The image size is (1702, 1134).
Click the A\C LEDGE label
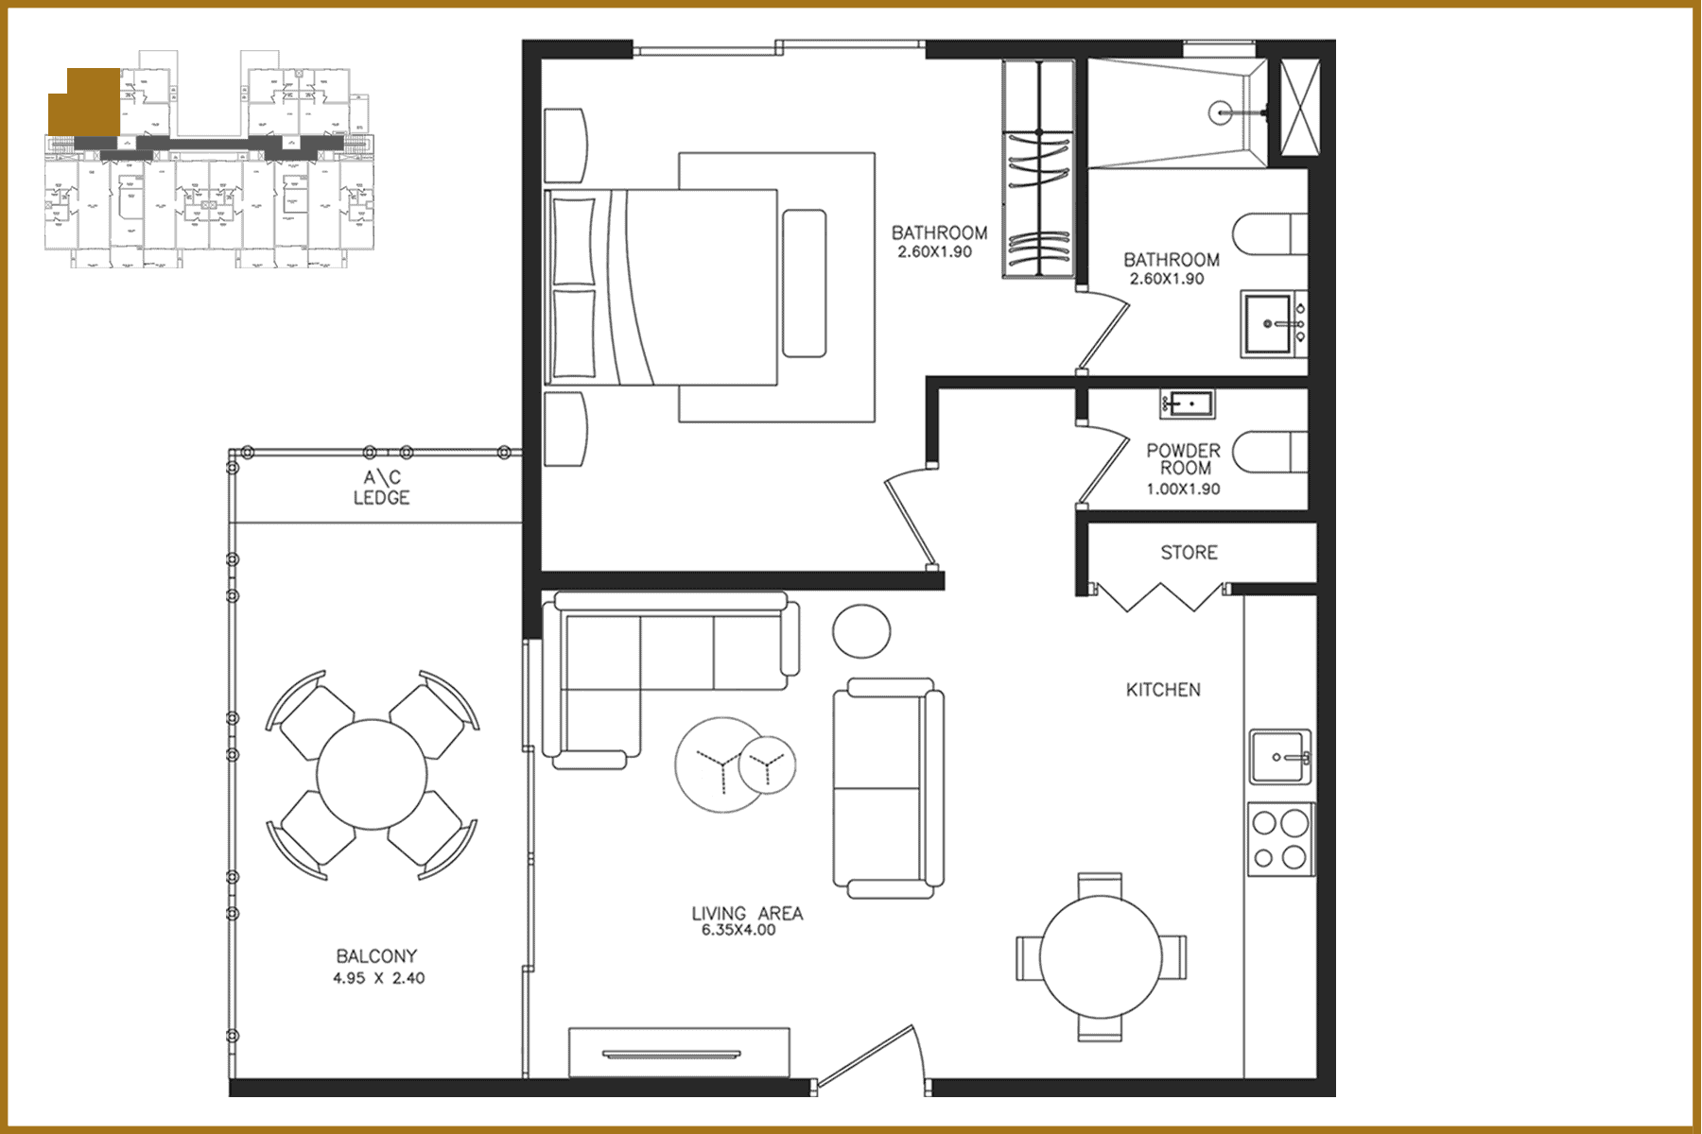381,488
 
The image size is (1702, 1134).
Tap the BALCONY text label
376,956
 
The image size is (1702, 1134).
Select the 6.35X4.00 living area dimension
738,930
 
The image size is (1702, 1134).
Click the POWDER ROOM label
1184,459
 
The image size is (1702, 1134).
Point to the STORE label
1189,552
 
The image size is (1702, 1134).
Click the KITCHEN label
1163,690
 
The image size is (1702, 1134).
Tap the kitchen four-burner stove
1280,839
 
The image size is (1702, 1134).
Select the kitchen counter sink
1280,757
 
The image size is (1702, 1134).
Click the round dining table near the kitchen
1101,956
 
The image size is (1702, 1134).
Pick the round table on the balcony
372,775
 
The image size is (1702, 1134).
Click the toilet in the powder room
1267,452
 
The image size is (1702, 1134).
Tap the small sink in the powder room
1188,404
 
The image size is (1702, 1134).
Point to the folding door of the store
1159,597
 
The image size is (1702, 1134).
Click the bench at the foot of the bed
805,283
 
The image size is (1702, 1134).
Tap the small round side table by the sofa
861,630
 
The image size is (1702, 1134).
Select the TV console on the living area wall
679,1052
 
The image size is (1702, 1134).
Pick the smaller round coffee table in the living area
767,765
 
